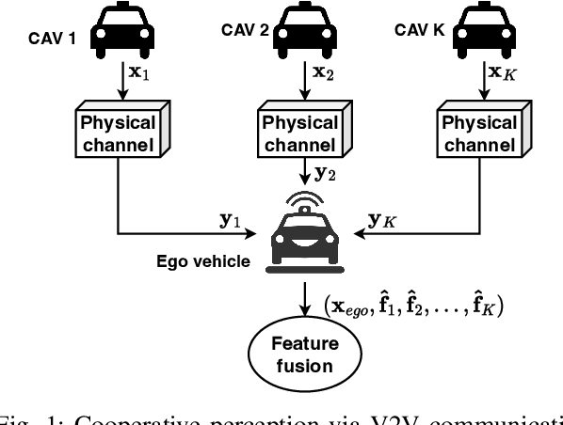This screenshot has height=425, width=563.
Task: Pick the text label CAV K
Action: [x=429, y=31]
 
